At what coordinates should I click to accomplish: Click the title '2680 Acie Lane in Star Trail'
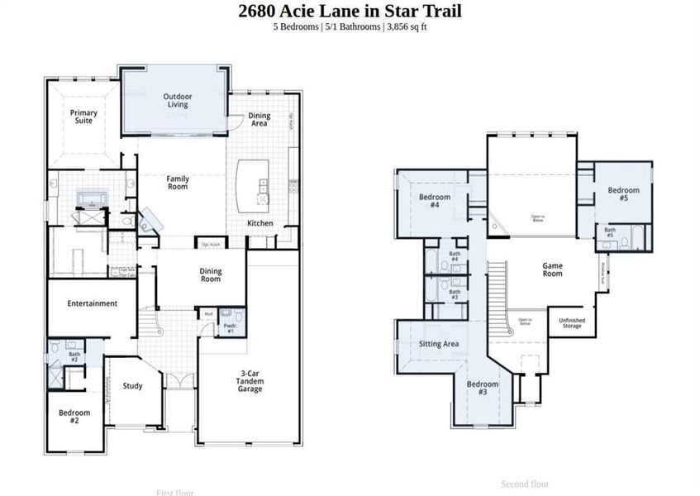[x=350, y=11]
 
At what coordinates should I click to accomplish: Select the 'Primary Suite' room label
[x=83, y=117]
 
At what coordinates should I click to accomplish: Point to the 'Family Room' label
[x=178, y=183]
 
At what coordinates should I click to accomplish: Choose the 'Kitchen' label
[x=260, y=223]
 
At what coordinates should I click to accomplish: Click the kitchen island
[x=254, y=186]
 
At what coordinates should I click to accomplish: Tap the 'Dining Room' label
[x=211, y=275]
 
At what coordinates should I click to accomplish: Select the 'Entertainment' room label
[x=93, y=303]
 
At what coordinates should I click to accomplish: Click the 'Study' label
[x=132, y=385]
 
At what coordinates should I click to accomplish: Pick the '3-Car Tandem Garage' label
[x=250, y=381]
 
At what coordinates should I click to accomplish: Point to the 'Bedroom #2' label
[x=74, y=416]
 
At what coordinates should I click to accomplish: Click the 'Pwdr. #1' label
[x=230, y=329]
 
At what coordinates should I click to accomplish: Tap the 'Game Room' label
[x=552, y=269]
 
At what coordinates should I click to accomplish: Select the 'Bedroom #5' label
[x=623, y=194]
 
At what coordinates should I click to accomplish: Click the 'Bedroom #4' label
[x=434, y=201]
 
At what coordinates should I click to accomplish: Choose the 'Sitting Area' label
[x=439, y=344]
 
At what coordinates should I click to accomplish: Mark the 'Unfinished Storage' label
[x=571, y=323]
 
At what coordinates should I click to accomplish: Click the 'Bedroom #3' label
[x=483, y=388]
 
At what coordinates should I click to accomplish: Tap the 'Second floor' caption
[x=525, y=484]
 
